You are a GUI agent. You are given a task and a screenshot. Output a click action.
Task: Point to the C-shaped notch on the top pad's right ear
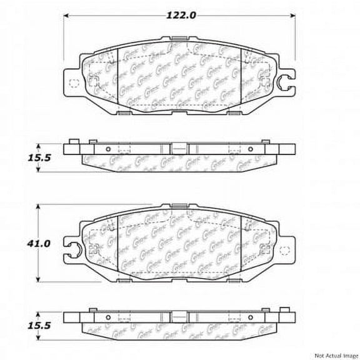[x=286, y=81]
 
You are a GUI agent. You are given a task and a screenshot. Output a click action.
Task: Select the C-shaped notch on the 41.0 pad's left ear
[x=73, y=248]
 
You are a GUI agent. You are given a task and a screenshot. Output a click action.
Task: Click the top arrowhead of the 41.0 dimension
[x=39, y=206]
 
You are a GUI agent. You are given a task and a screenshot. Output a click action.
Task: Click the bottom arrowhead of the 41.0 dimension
[x=39, y=280]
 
